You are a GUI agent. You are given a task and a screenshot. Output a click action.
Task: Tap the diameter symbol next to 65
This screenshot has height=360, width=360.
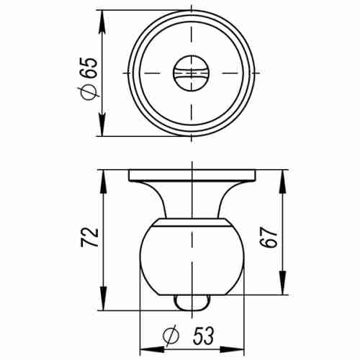(x=90, y=92)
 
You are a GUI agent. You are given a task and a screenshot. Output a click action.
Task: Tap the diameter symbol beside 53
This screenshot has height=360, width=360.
(x=171, y=336)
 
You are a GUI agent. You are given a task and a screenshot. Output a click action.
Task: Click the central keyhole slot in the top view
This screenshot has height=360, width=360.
(x=192, y=73)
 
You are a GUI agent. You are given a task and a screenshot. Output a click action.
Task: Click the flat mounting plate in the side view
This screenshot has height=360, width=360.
(x=192, y=175)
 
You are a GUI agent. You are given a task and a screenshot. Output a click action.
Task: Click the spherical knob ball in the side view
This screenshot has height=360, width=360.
(x=192, y=259)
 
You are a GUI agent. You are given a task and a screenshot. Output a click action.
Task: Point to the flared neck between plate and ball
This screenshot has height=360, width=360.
(x=192, y=202)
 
